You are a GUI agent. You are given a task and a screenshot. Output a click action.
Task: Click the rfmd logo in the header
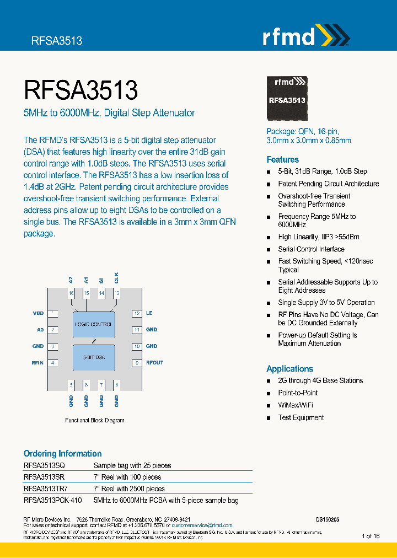pos(305,36)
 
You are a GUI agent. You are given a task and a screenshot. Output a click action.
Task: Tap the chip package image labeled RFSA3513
pos(287,99)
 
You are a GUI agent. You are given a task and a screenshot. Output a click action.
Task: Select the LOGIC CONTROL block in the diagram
pos(94,324)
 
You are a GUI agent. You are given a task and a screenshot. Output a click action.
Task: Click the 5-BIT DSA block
pos(94,357)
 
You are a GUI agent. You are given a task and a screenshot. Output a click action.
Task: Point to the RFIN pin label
pos(37,363)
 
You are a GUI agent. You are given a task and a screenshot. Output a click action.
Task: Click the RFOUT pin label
pos(154,363)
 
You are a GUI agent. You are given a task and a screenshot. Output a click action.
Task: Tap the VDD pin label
pos(38,313)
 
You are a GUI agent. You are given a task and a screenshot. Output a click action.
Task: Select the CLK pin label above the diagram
pos(116,277)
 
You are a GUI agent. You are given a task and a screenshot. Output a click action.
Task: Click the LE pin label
pos(149,313)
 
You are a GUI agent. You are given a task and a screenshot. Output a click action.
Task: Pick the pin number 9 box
pos(137,363)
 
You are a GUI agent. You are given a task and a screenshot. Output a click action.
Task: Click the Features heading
pos(282,159)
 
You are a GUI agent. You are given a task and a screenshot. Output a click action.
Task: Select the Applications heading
pos(289,369)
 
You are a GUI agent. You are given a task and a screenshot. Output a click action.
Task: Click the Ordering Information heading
pos(62,453)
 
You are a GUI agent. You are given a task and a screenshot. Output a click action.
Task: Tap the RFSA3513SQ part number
pos(44,465)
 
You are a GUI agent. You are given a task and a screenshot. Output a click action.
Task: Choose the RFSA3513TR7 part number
pos(46,489)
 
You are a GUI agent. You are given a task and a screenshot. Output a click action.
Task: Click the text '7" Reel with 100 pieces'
pos(127,477)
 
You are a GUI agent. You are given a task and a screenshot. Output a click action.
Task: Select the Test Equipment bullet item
pos(301,417)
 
